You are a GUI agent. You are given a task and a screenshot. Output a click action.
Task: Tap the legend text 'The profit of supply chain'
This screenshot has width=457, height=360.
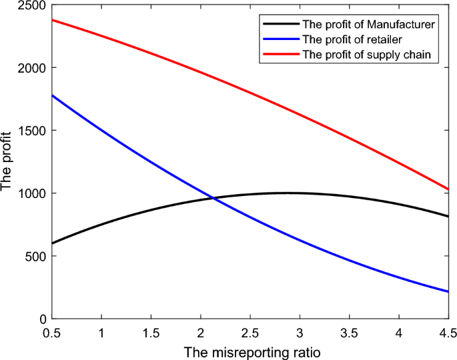click(x=370, y=53)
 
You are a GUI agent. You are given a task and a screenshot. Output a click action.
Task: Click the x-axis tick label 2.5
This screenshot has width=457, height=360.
click(x=250, y=332)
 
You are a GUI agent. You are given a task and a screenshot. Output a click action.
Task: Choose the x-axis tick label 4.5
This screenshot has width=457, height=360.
click(x=448, y=332)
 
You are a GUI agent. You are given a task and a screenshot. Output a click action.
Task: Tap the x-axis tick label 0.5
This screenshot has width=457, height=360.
click(x=52, y=332)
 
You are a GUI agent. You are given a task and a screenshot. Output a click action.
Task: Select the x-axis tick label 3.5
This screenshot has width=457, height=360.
click(x=349, y=332)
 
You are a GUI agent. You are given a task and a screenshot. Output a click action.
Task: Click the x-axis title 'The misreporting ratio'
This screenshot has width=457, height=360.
click(x=250, y=350)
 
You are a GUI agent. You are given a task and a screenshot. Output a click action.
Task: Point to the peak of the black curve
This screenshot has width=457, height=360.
click(x=288, y=193)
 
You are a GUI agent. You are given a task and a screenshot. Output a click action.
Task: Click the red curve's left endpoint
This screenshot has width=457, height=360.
click(x=52, y=20)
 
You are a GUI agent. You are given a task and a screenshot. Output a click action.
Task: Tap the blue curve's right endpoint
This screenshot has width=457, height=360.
click(x=448, y=291)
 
